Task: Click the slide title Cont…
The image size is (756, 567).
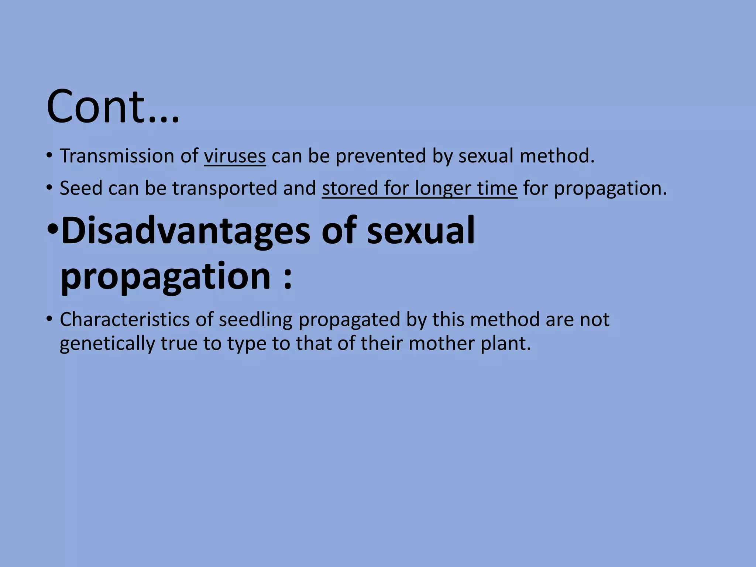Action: pos(113,107)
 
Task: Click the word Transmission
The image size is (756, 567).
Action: pos(117,156)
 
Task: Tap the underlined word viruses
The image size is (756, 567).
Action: pos(234,156)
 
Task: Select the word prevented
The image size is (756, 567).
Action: pos(381,156)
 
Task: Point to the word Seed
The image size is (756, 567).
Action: pos(81,188)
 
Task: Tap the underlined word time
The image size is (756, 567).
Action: pos(497,188)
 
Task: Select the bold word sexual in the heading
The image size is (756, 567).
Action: pos(420,231)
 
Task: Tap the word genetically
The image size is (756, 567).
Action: pos(107,344)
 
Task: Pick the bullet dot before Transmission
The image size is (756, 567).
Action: pos(49,156)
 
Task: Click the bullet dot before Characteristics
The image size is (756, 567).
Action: pos(49,319)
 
